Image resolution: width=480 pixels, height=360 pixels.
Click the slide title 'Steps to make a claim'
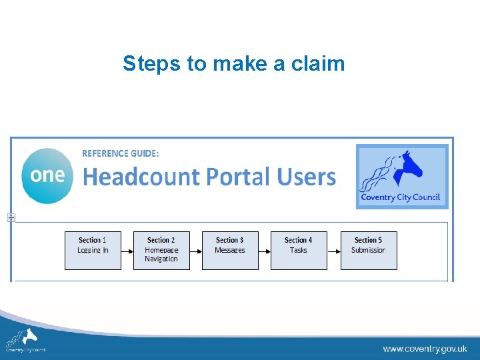(233, 64)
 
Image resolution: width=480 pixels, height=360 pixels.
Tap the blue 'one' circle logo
(47, 175)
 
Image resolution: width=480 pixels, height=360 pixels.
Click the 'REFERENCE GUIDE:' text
(121, 153)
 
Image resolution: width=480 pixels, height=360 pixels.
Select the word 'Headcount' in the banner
(141, 177)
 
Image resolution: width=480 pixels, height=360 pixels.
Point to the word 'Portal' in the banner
(237, 177)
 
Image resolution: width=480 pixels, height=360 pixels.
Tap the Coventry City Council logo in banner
(402, 177)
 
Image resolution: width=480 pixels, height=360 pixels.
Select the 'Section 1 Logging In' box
(93, 250)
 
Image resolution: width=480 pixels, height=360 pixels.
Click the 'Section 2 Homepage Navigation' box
(161, 250)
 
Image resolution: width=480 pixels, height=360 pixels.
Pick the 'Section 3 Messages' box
(230, 250)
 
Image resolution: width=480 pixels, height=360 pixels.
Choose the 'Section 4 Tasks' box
(299, 250)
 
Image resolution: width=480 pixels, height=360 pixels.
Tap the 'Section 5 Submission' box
(368, 250)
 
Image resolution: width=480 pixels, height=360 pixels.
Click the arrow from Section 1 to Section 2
(127, 250)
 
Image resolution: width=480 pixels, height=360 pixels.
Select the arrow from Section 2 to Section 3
(196, 250)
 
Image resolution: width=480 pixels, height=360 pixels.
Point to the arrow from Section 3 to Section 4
(265, 250)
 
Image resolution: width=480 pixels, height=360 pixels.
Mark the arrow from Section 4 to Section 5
(334, 250)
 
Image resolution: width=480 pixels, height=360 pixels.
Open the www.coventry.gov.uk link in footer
(425, 349)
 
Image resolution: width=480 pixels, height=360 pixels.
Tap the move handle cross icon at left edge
(11, 217)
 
